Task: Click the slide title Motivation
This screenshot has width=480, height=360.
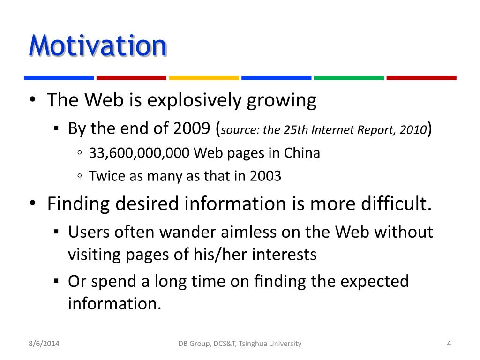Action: pyautogui.click(x=97, y=46)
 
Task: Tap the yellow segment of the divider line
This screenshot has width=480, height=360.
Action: pyautogui.click(x=204, y=78)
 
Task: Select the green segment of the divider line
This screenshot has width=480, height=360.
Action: pyautogui.click(x=349, y=78)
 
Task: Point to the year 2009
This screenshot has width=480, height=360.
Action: pyautogui.click(x=192, y=128)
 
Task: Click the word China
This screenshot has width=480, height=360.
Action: pyautogui.click(x=302, y=153)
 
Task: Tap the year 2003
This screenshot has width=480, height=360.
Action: pyautogui.click(x=265, y=176)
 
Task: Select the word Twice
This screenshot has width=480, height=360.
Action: pyautogui.click(x=107, y=176)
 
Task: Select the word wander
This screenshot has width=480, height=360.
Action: pyautogui.click(x=187, y=232)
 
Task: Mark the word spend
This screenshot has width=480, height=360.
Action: pyautogui.click(x=114, y=282)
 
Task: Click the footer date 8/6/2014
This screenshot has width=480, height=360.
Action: pyautogui.click(x=44, y=344)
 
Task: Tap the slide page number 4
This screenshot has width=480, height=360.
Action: pyautogui.click(x=449, y=344)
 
